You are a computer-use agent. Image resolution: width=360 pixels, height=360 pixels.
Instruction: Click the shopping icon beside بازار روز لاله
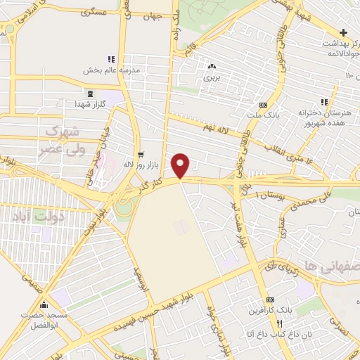141,155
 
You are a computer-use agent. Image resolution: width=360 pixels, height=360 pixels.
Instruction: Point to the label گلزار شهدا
90,104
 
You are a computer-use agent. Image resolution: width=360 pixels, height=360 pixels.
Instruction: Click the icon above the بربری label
212,67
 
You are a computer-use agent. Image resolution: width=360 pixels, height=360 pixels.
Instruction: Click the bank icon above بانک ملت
263,105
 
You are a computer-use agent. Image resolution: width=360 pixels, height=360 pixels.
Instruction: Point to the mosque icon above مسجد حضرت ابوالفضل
44,305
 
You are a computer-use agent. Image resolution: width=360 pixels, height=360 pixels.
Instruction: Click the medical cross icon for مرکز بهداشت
342,32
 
